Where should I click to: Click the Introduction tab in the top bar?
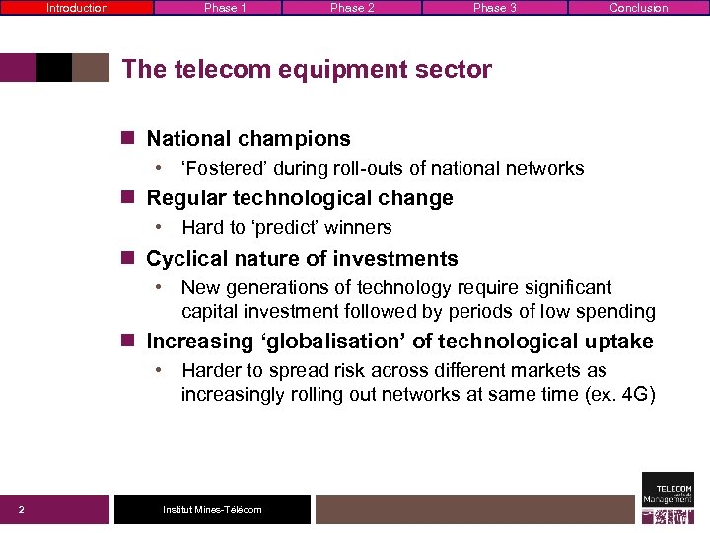pyautogui.click(x=77, y=8)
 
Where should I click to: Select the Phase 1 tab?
pyautogui.click(x=225, y=8)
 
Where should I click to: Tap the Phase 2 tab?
pyautogui.click(x=352, y=8)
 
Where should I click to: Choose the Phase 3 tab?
pyautogui.click(x=494, y=8)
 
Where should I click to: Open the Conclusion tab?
pyautogui.click(x=638, y=8)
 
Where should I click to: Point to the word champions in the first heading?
pyautogui.click(x=294, y=139)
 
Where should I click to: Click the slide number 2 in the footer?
pyautogui.click(x=22, y=510)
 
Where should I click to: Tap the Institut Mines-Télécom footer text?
pyautogui.click(x=212, y=510)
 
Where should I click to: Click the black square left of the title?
pyautogui.click(x=54, y=67)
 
